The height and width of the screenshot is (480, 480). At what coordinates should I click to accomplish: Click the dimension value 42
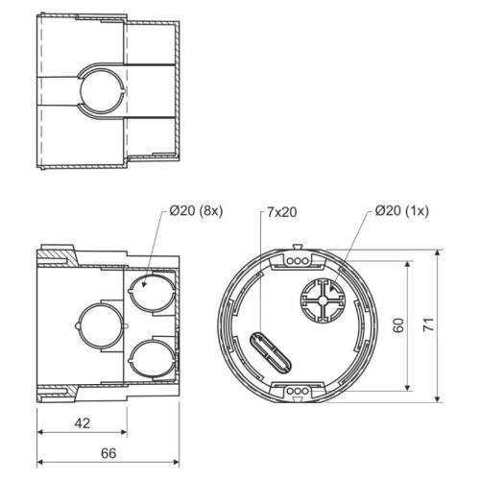83,423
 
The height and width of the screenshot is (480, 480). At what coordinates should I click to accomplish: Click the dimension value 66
108,453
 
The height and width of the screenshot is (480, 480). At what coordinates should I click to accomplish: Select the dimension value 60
399,325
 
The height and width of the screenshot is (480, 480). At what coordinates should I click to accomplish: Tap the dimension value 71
429,324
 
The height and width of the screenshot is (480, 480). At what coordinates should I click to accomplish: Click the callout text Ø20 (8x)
196,211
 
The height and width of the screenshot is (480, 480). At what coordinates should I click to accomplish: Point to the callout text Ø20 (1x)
401,211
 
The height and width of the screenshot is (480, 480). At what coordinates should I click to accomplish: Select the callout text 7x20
282,212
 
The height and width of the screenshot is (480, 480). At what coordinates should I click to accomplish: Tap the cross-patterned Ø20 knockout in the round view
324,300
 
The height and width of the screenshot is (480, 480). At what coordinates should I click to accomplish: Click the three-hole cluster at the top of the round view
298,261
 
